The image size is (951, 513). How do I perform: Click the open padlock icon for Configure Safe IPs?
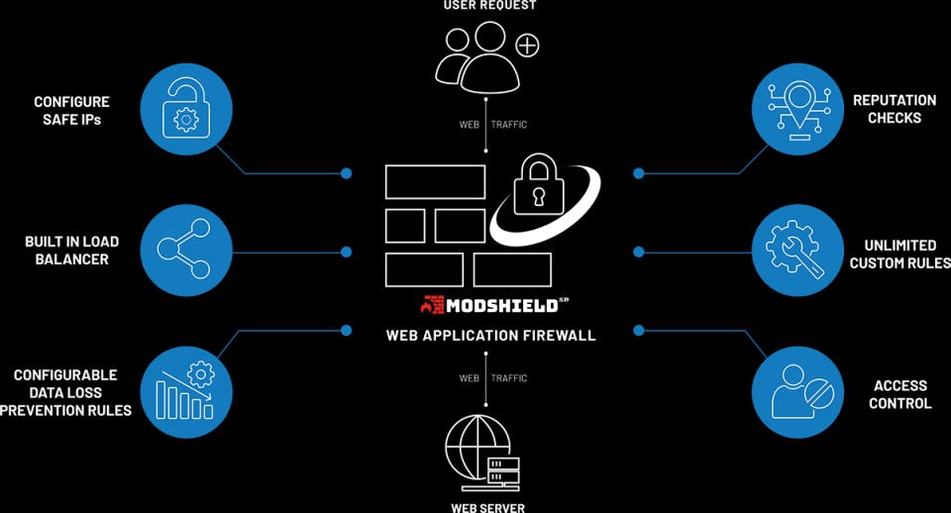(186, 110)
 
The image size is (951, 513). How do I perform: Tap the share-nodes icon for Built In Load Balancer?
(184, 250)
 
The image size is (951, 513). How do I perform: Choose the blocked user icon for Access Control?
(801, 392)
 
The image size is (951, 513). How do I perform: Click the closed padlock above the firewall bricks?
(539, 184)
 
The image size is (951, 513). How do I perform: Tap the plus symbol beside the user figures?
(527, 46)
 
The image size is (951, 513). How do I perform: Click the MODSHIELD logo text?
(501, 305)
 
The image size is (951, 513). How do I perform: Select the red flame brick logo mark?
(433, 305)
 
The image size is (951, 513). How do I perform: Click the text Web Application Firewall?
(490, 336)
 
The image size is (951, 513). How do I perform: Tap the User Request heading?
(490, 6)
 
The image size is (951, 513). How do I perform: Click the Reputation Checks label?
(894, 109)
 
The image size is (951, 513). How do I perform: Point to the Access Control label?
(900, 395)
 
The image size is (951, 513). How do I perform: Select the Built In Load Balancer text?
(71, 251)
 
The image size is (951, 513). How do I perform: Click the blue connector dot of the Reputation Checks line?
(639, 173)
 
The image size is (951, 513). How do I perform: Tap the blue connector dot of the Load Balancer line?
(347, 252)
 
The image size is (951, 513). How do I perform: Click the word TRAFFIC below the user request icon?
(509, 125)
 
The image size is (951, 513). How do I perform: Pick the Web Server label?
(488, 507)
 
